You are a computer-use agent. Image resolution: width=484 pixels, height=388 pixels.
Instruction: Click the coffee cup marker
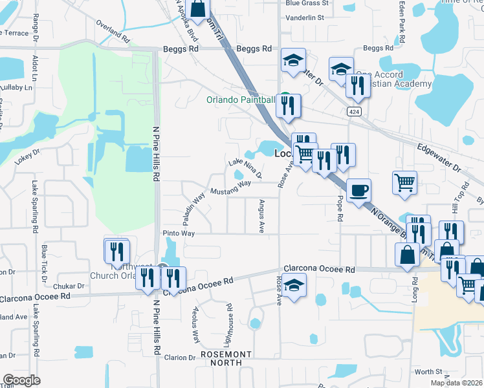click(x=359, y=191)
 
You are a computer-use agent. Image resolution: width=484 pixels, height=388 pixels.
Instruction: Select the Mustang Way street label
click(x=230, y=188)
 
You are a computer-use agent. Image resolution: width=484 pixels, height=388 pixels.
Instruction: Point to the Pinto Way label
click(x=179, y=233)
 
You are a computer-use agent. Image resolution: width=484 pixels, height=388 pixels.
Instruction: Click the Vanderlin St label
click(x=304, y=17)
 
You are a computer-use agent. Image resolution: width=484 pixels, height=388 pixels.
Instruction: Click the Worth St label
click(x=428, y=372)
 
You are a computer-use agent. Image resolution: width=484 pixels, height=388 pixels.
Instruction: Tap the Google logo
click(x=22, y=380)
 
